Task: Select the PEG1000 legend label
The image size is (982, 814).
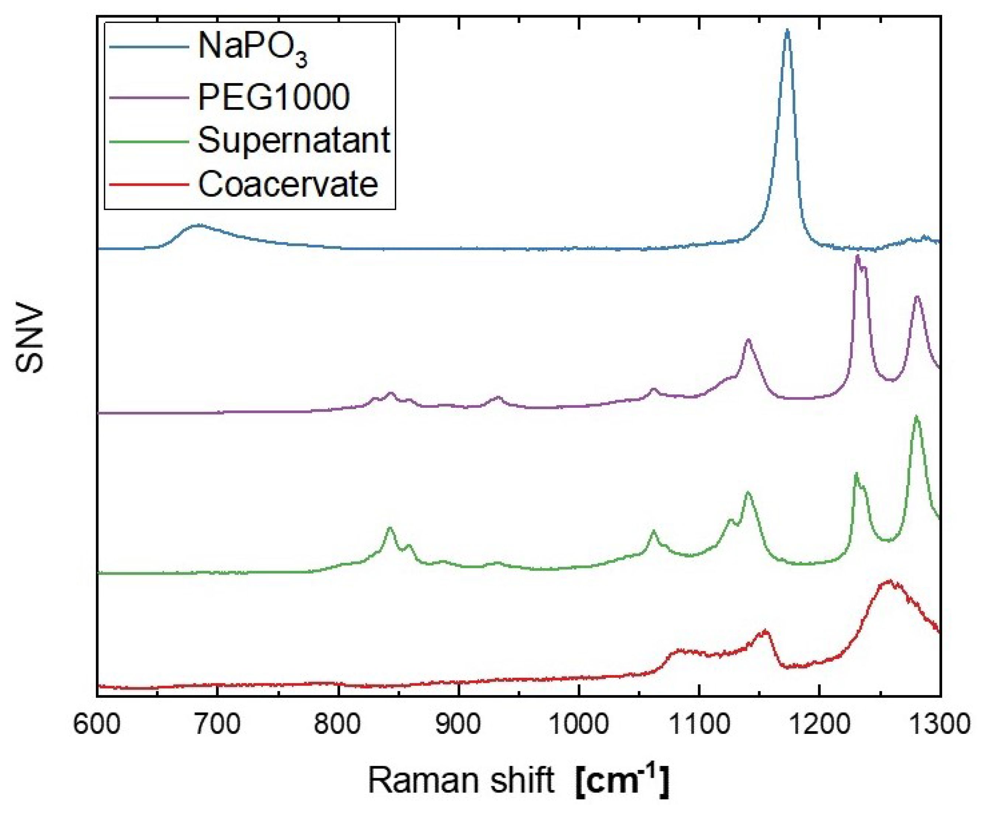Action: (x=274, y=98)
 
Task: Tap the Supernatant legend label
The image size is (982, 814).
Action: (x=294, y=140)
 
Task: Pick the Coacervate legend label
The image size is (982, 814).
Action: (x=288, y=184)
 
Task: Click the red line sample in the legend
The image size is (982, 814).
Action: (x=149, y=184)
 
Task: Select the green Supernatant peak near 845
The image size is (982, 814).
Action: (x=390, y=529)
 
